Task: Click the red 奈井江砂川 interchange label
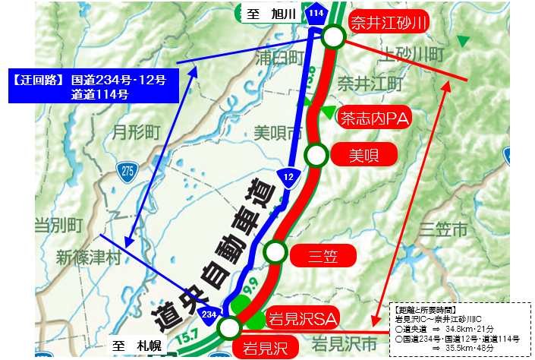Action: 387,22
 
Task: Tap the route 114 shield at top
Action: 314,12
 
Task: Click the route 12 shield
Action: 288,176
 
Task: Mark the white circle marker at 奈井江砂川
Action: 333,36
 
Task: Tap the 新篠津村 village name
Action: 83,257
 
